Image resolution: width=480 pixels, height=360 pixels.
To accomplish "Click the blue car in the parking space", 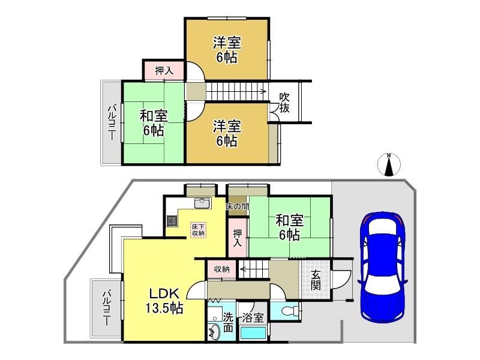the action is click(383, 267).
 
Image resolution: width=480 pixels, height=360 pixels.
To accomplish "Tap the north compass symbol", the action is click(389, 164).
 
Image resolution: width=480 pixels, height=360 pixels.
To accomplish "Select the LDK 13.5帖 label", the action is click(164, 301).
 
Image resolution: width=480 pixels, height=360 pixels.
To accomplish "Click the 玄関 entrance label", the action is click(316, 280).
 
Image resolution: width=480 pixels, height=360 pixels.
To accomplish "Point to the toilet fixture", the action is click(289, 311).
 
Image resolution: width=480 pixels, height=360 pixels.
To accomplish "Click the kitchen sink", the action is click(202, 203).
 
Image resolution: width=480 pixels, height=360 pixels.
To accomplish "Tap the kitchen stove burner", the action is click(172, 221).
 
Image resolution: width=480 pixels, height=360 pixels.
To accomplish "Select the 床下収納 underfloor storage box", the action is click(199, 230).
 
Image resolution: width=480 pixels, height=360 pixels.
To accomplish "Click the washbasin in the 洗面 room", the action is click(214, 332).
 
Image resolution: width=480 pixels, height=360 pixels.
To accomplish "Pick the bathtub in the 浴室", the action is click(253, 333).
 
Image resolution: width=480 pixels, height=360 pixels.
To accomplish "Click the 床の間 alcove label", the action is click(237, 207).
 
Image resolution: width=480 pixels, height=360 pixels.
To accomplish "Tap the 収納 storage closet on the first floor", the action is click(221, 269).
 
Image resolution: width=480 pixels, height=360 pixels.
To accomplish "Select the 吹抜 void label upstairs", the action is click(284, 103).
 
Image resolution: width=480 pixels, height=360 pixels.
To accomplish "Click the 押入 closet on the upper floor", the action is click(164, 71).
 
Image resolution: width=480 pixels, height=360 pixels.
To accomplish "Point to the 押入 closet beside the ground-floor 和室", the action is click(238, 238).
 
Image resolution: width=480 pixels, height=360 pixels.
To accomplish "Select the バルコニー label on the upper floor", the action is click(112, 122).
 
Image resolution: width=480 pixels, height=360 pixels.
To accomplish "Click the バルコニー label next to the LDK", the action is click(107, 308).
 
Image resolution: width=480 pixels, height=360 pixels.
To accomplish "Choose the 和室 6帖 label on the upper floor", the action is click(154, 123).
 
